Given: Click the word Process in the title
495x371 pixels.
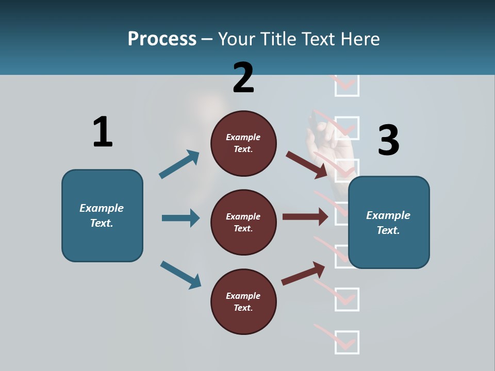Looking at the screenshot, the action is click(x=162, y=39).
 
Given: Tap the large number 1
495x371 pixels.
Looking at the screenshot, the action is click(x=102, y=132).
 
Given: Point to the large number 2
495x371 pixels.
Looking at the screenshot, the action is click(x=243, y=77).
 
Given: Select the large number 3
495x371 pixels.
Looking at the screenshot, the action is click(x=388, y=140).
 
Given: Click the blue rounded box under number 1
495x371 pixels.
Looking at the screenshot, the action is click(x=102, y=215).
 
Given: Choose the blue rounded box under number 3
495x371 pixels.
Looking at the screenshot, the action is click(x=389, y=223).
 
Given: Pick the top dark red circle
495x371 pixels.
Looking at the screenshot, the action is click(x=243, y=143).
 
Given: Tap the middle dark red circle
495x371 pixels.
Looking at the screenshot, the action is click(x=243, y=222).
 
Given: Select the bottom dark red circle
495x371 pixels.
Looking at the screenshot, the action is click(x=243, y=301).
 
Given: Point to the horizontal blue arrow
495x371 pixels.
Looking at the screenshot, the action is click(x=180, y=218).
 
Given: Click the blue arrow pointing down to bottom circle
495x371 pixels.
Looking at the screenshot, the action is click(x=180, y=275).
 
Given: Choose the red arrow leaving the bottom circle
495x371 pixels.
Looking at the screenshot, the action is click(x=303, y=274).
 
